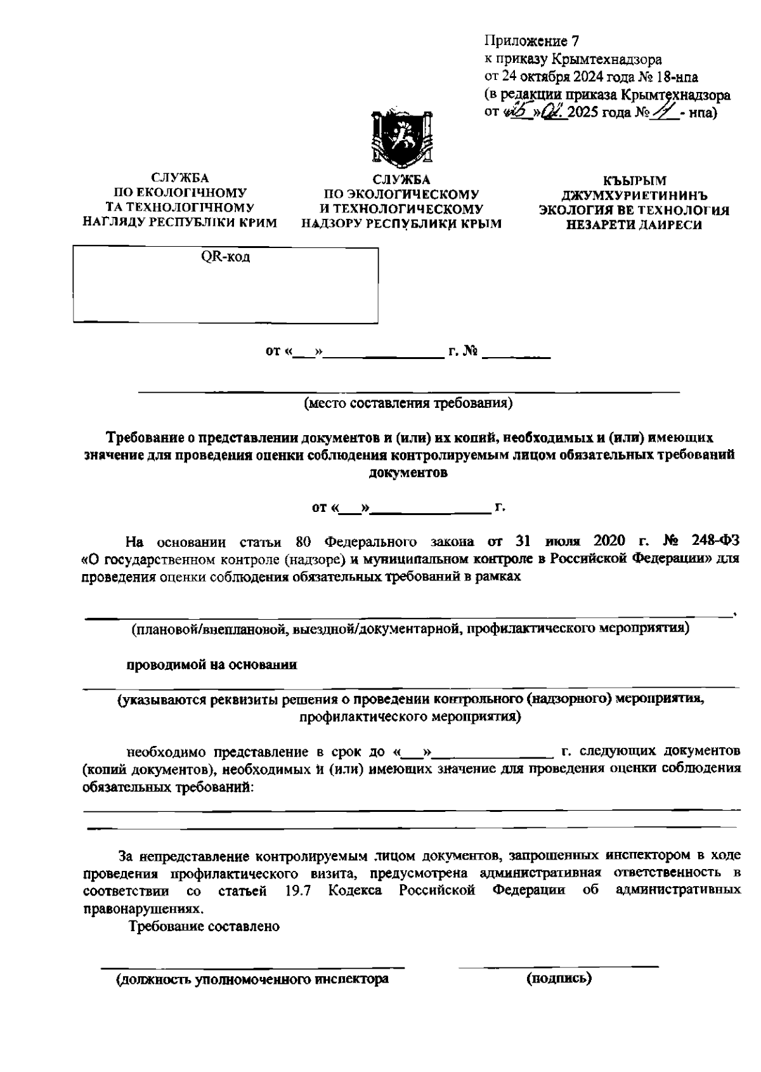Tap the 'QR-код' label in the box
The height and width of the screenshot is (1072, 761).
pos(226,258)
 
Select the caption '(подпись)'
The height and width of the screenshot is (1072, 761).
pos(559,979)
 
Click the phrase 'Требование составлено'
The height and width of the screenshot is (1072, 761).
pos(204,926)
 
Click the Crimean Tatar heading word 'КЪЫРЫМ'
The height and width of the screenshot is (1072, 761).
pos(634,181)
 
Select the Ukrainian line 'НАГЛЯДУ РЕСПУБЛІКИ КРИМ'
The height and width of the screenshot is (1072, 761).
pos(180,223)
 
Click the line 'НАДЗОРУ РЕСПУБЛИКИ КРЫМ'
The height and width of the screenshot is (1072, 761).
pos(401,223)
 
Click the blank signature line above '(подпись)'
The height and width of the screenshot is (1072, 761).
pos(558,966)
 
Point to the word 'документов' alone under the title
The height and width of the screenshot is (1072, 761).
pos(408,473)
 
